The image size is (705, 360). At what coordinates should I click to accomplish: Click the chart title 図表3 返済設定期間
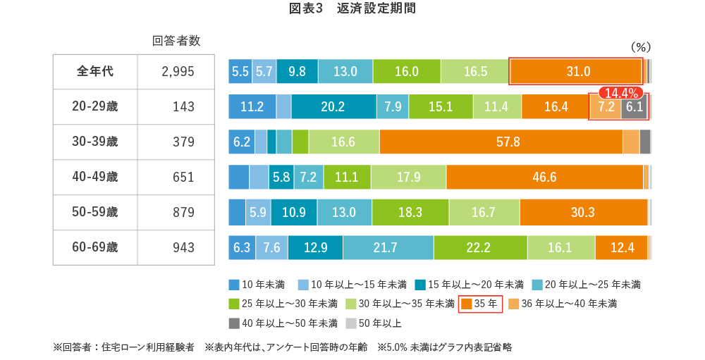[352, 9]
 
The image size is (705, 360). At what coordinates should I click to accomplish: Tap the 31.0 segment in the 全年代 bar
[576, 71]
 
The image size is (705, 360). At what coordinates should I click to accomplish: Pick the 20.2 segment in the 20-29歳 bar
[333, 106]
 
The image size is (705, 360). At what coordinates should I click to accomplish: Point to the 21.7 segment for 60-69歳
[388, 247]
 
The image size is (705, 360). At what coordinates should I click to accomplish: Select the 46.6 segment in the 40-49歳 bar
[544, 177]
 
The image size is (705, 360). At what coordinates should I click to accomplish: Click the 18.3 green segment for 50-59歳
[410, 212]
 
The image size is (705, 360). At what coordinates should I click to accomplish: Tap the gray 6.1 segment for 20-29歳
[634, 106]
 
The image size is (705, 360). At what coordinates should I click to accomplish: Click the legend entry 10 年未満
[257, 285]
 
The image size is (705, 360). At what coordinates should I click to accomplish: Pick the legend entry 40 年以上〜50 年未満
[283, 323]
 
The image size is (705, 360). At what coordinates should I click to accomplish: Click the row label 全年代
[94, 71]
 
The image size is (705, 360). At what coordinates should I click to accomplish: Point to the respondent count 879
[183, 212]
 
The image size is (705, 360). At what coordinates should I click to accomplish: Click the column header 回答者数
[176, 41]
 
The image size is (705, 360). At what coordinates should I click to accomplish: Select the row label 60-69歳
[94, 247]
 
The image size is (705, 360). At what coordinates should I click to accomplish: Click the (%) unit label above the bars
[639, 46]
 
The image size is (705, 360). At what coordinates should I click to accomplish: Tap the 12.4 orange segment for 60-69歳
[620, 247]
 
